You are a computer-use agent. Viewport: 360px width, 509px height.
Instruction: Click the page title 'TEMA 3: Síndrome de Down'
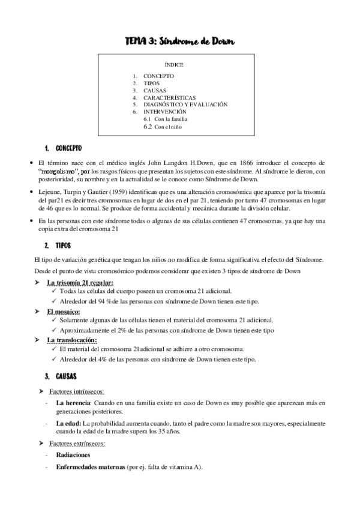point(180,41)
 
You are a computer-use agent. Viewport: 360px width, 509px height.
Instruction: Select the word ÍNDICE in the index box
point(174,64)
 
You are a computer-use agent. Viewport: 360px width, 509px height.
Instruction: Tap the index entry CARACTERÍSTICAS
point(169,97)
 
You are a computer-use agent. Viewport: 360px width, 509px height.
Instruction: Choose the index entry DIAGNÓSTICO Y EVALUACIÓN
point(185,104)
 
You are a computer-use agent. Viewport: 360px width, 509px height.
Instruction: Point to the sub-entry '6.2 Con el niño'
point(162,127)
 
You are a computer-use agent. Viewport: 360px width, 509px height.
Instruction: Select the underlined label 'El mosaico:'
point(64,312)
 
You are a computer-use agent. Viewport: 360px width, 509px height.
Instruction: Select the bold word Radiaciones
point(73,456)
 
